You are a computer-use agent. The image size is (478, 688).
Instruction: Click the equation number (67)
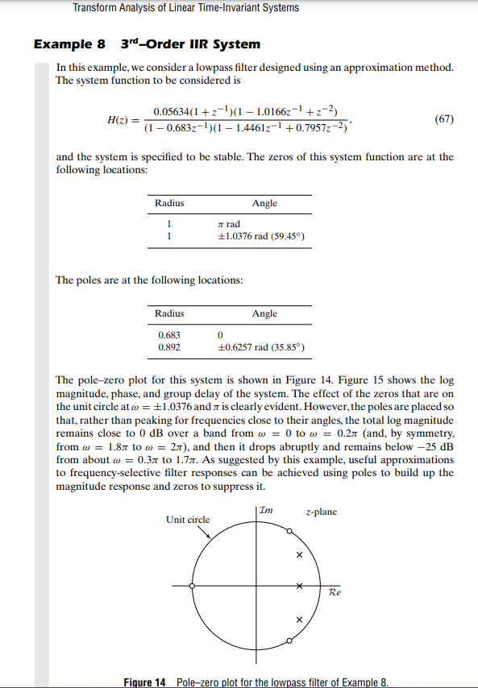(444, 119)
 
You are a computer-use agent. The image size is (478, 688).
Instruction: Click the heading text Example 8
(69, 44)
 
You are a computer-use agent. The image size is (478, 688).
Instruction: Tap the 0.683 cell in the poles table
(169, 334)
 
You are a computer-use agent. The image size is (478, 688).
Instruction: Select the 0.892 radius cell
(169, 347)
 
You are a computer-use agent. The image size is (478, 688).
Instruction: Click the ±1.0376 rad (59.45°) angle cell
(260, 237)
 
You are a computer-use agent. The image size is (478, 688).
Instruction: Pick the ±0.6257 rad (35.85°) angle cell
(260, 347)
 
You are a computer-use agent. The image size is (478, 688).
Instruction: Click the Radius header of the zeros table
(169, 204)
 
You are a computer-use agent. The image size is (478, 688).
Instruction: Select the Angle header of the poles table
(264, 313)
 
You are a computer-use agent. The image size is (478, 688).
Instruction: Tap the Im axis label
(268, 511)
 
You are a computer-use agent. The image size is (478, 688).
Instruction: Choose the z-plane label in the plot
(322, 512)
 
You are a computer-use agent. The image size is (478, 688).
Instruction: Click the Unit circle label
(188, 520)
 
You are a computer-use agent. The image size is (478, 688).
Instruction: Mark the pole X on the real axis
(299, 586)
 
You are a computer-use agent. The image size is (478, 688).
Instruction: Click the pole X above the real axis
(299, 555)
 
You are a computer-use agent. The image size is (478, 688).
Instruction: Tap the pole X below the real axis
(299, 619)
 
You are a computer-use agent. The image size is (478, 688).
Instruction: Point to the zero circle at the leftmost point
(192, 586)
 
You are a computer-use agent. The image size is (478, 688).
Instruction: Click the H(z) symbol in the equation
(119, 120)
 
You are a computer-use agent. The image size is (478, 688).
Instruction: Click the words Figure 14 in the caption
(146, 682)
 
